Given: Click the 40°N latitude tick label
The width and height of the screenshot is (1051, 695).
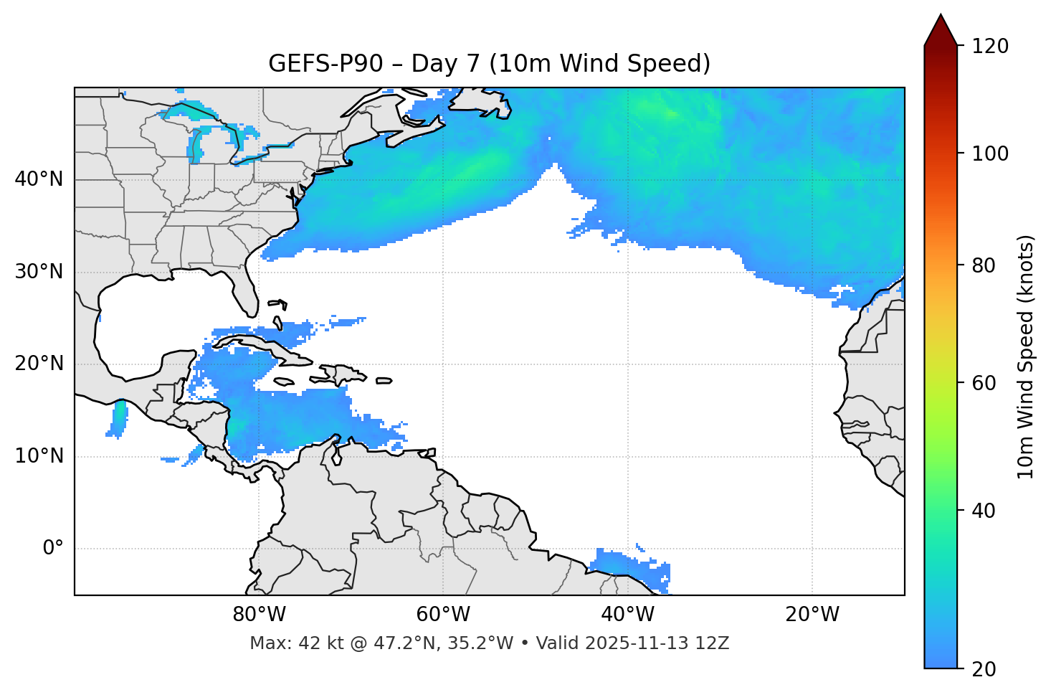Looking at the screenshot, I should click(39, 179).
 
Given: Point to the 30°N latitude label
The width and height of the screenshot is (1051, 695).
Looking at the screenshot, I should click(39, 272).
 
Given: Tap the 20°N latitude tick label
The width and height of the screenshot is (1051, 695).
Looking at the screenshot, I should click(39, 364).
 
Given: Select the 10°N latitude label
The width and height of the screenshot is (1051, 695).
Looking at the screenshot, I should click(39, 456).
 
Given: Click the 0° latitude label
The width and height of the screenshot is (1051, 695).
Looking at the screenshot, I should click(52, 549).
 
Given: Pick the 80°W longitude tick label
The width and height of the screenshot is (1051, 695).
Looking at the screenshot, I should click(259, 615).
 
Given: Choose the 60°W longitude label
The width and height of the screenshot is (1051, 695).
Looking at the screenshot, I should click(443, 615).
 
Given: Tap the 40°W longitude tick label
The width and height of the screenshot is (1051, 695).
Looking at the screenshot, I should click(627, 615).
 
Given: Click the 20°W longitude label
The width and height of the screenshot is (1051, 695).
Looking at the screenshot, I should click(812, 615).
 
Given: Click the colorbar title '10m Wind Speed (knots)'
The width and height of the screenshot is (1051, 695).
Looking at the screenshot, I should click(1026, 356).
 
